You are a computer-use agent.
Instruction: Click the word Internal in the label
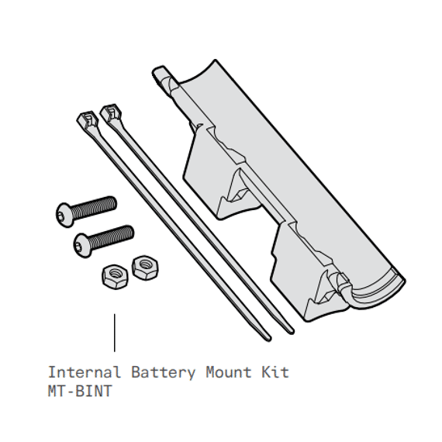(85, 372)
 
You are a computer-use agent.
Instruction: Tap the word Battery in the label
(163, 373)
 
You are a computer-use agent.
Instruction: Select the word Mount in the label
(229, 372)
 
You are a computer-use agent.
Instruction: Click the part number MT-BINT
(80, 391)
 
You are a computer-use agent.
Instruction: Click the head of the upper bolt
(64, 215)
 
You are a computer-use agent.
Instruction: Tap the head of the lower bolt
(81, 245)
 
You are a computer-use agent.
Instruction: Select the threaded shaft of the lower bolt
(111, 237)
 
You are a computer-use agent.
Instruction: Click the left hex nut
(115, 277)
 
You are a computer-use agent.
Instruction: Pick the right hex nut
(145, 268)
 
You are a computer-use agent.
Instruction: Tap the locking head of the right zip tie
(111, 112)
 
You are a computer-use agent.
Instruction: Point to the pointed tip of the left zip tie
(269, 339)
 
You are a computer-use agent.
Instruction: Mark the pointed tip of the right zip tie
(292, 332)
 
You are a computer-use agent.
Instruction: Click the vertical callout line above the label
(115, 333)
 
